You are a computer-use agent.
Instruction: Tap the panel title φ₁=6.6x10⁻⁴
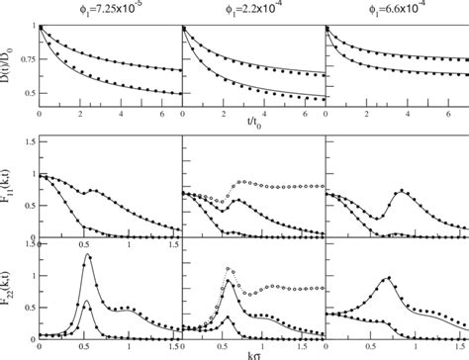(x=395, y=9)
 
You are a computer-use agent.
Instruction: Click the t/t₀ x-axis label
(x=251, y=129)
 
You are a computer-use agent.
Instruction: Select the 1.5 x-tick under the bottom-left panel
(x=174, y=346)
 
